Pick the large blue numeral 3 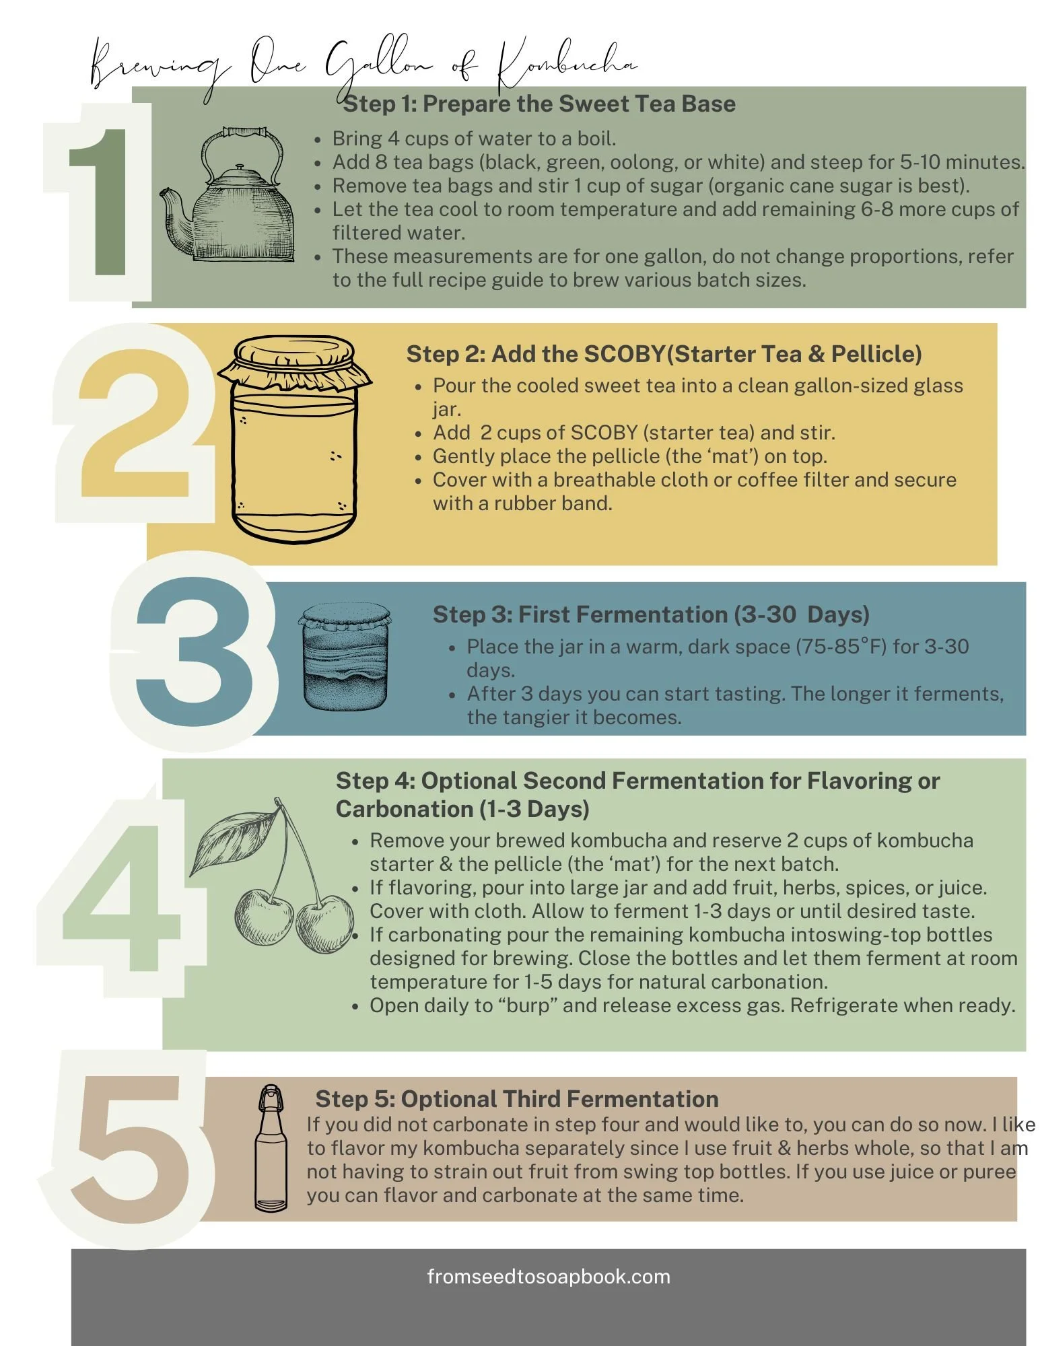[x=195, y=650]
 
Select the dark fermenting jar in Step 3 [x=345, y=657]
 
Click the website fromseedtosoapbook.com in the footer [x=549, y=1277]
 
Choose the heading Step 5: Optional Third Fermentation [x=517, y=1099]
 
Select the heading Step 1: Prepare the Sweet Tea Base [x=539, y=104]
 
